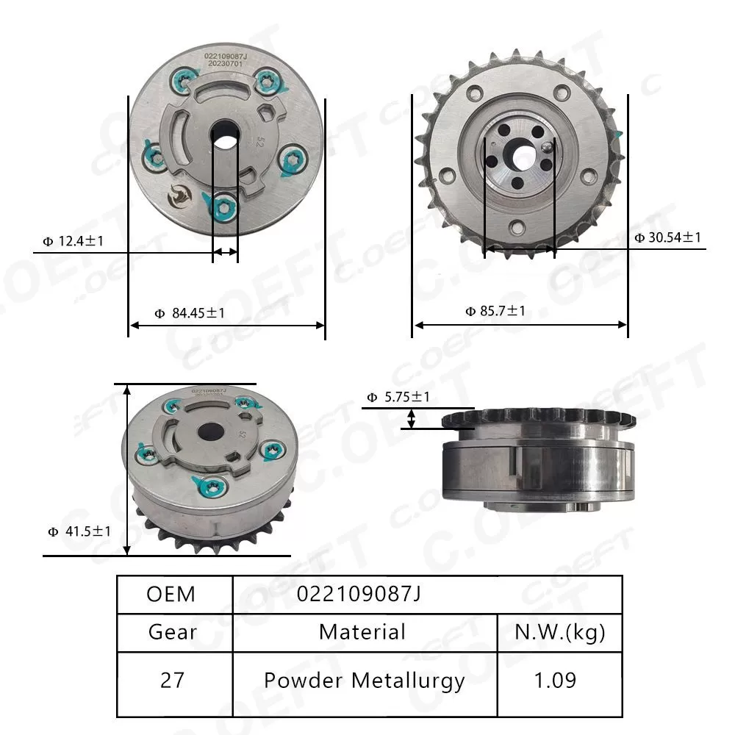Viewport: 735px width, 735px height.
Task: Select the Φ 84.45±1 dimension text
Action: [x=190, y=313]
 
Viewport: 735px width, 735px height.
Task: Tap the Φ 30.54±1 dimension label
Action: [x=668, y=237]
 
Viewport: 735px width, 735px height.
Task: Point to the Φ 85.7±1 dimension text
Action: [x=495, y=311]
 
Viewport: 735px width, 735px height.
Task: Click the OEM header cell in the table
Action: [x=171, y=594]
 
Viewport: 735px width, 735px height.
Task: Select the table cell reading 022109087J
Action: [x=359, y=594]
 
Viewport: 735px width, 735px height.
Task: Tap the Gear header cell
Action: [x=173, y=632]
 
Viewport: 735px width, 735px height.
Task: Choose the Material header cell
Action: [x=362, y=632]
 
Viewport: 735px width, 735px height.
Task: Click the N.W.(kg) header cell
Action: [x=560, y=632]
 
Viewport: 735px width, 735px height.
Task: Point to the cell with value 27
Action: [x=173, y=681]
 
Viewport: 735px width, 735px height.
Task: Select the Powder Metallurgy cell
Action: [x=365, y=681]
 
